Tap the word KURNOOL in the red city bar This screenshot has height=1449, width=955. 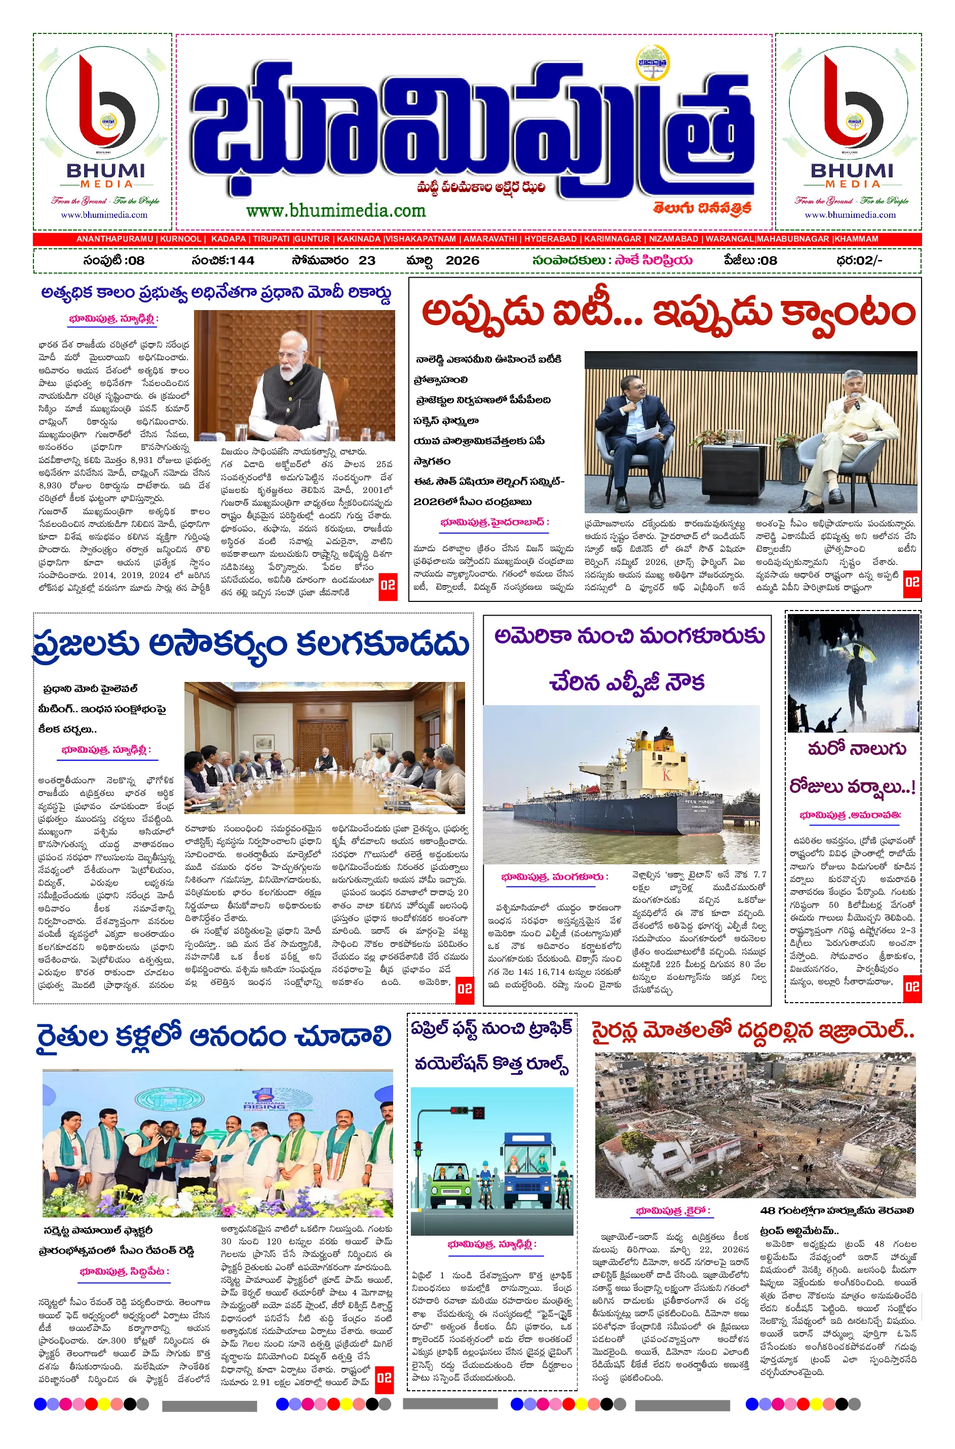click(180, 239)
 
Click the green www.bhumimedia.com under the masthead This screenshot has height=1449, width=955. click(335, 211)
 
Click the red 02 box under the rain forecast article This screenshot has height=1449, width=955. click(912, 986)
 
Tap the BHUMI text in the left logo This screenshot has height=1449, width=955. click(105, 171)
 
